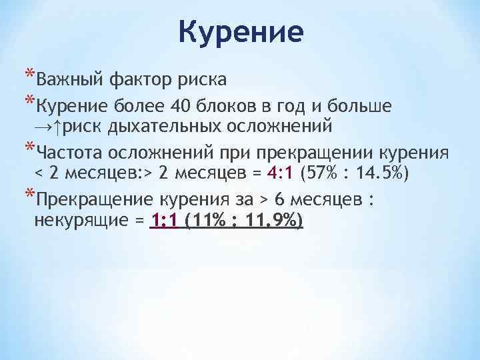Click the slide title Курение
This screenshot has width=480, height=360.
(241, 31)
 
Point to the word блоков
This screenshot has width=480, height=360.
(228, 105)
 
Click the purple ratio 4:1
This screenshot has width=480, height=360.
(282, 173)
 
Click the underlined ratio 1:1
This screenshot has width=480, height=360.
(164, 221)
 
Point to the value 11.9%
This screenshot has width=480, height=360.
(269, 221)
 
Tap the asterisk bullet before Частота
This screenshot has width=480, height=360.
(29, 145)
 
